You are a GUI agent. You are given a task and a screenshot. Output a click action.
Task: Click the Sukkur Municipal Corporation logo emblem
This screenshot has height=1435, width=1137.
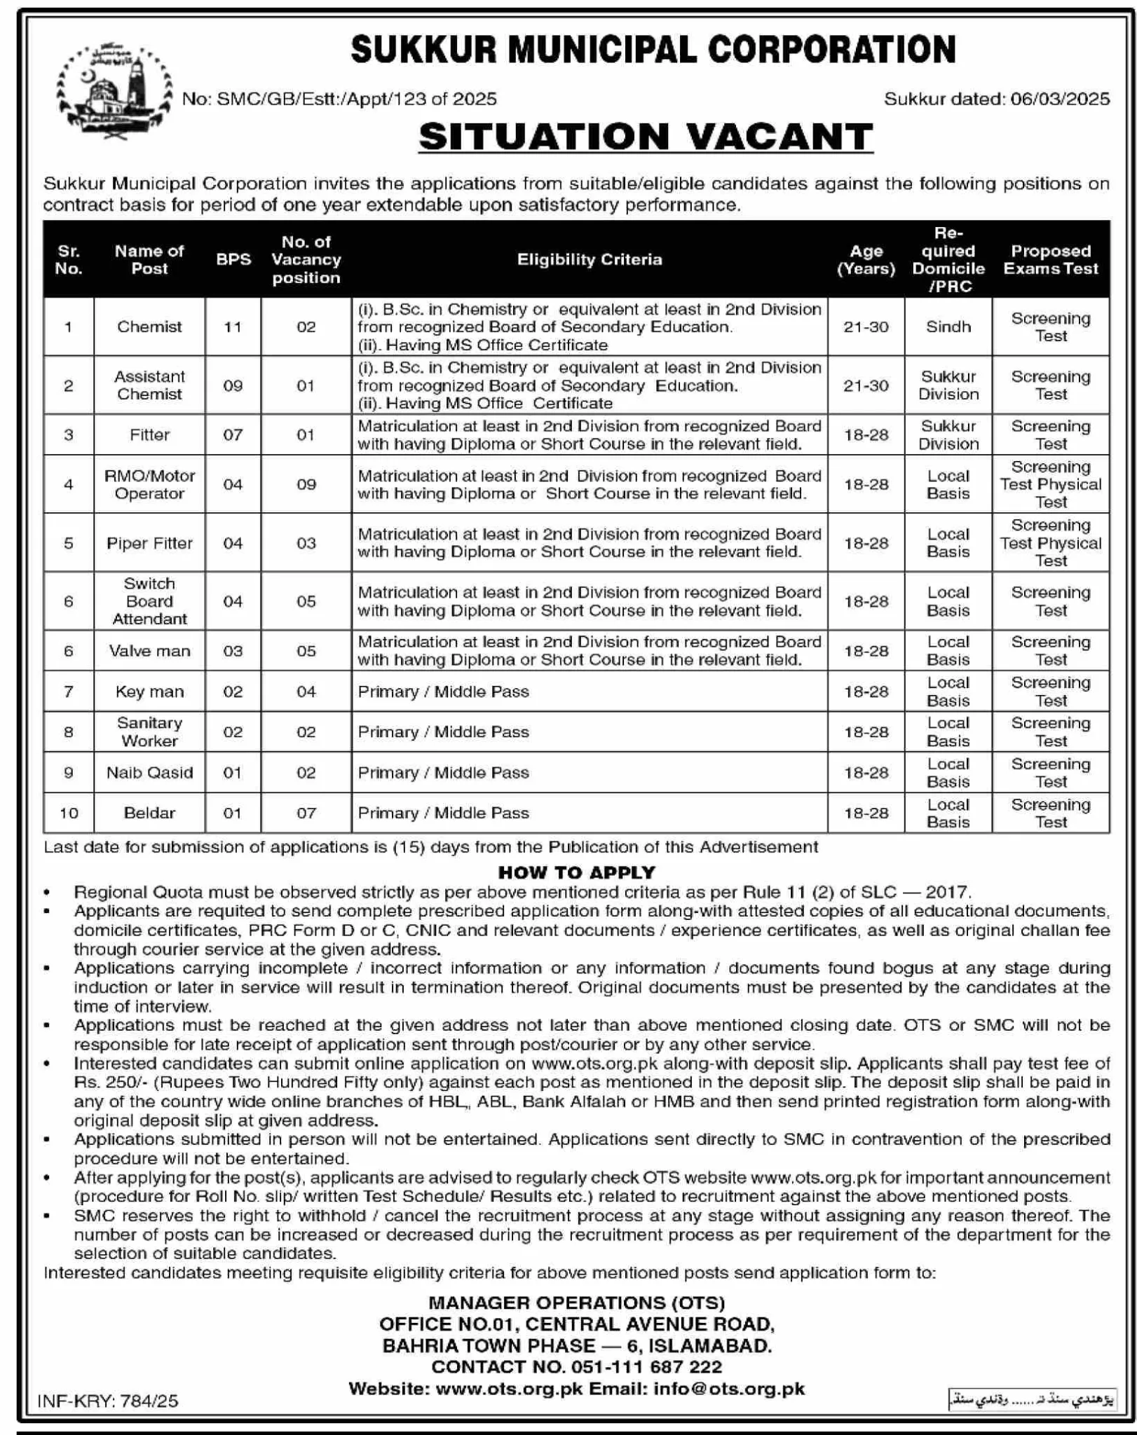(114, 91)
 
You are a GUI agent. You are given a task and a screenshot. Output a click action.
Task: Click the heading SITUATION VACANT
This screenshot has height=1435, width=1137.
(646, 136)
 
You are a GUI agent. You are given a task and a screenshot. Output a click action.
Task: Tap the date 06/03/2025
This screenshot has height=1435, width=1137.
(1060, 99)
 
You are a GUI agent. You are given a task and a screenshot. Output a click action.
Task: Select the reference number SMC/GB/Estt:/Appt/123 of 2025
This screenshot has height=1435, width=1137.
(356, 99)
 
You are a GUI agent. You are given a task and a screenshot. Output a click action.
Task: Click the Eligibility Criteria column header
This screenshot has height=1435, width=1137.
(589, 259)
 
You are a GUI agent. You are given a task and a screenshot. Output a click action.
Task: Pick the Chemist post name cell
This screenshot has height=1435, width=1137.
(149, 327)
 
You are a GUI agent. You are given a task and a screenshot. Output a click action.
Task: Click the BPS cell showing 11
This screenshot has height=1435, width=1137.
(233, 327)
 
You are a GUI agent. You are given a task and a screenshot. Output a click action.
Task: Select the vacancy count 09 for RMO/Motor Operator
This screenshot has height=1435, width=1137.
(306, 484)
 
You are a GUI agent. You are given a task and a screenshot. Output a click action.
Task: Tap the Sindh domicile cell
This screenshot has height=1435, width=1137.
(948, 327)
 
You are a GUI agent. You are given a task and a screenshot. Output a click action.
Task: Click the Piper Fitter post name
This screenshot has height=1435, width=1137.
(149, 543)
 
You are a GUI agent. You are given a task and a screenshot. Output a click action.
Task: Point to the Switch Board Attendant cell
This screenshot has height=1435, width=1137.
(149, 601)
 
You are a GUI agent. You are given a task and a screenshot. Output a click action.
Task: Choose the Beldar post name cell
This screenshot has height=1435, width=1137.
(149, 813)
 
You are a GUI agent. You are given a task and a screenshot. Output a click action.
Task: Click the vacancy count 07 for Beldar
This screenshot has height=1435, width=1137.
(306, 813)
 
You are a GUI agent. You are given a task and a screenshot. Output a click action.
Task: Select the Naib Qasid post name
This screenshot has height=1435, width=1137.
(149, 772)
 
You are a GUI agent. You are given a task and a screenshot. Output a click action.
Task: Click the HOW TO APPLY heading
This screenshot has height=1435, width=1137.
(576, 872)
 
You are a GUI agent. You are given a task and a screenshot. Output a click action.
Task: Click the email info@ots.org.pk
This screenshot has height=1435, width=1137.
(729, 1389)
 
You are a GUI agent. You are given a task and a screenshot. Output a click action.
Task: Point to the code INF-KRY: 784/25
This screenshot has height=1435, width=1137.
(108, 1401)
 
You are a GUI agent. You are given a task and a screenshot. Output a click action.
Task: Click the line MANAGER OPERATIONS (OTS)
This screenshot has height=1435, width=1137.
(576, 1303)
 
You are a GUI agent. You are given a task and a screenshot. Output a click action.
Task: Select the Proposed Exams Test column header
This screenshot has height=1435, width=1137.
(1050, 259)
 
